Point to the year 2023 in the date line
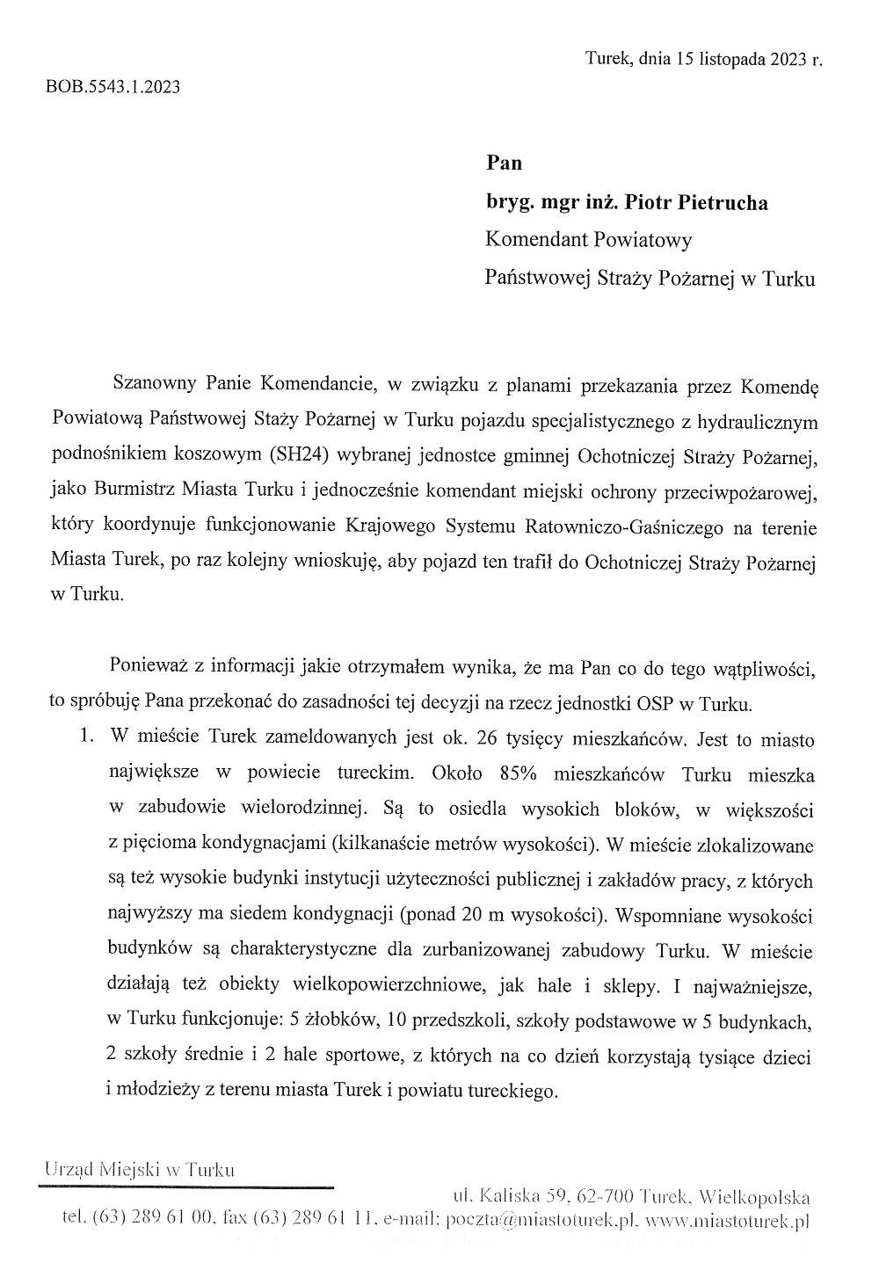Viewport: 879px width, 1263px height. tap(790, 60)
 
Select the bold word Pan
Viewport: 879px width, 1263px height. tap(504, 163)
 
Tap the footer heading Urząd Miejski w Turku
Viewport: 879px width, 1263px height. tap(139, 1170)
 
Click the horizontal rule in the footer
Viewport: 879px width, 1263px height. tap(185, 1187)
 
